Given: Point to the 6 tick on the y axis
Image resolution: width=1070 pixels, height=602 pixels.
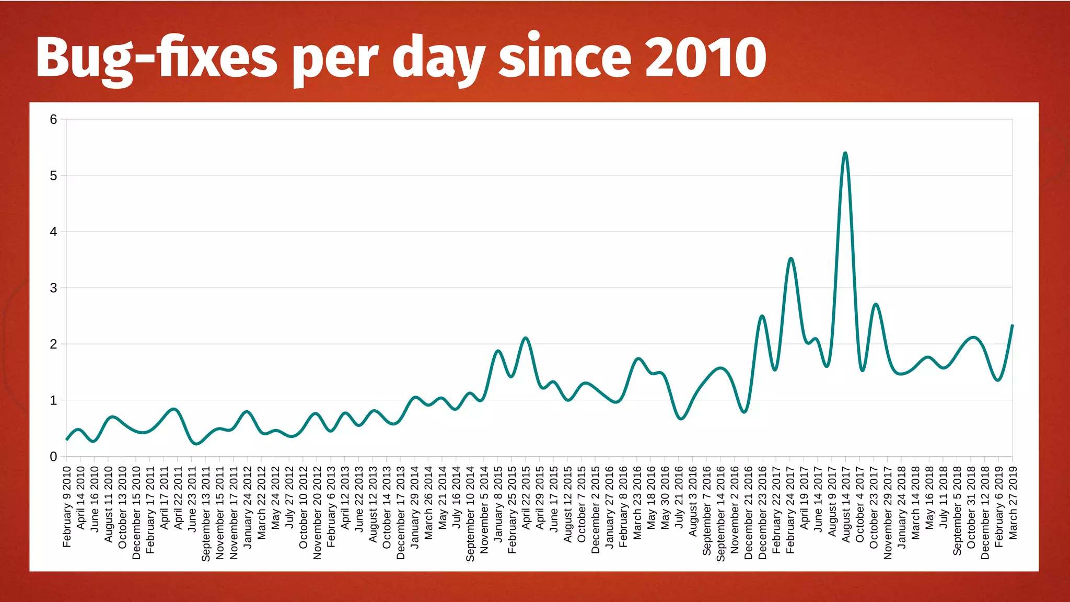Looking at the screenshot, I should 53,120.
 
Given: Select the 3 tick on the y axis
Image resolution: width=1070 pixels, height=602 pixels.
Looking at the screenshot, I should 53,288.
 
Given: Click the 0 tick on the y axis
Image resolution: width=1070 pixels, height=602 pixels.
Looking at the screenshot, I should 53,457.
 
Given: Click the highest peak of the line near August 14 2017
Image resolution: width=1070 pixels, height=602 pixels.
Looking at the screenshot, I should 845,153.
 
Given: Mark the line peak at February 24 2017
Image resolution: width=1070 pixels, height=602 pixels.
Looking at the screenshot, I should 790,259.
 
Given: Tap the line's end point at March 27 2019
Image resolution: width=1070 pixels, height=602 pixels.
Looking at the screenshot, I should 1012,326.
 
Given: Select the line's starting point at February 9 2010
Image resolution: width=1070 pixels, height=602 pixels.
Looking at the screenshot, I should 67,439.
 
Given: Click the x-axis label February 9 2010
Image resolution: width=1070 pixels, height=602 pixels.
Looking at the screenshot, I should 67,507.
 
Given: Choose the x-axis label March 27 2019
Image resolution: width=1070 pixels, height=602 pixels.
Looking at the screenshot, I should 1013,503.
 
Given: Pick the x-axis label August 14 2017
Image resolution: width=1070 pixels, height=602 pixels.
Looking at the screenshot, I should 846,504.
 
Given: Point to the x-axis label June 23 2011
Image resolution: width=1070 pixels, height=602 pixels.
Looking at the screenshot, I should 192,499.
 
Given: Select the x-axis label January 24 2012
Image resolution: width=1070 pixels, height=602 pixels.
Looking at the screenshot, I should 248,507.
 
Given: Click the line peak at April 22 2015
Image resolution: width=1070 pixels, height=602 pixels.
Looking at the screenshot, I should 526,338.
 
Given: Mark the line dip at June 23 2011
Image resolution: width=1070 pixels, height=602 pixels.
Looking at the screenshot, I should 196,444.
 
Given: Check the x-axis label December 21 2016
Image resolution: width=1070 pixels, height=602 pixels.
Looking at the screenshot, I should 749,512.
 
